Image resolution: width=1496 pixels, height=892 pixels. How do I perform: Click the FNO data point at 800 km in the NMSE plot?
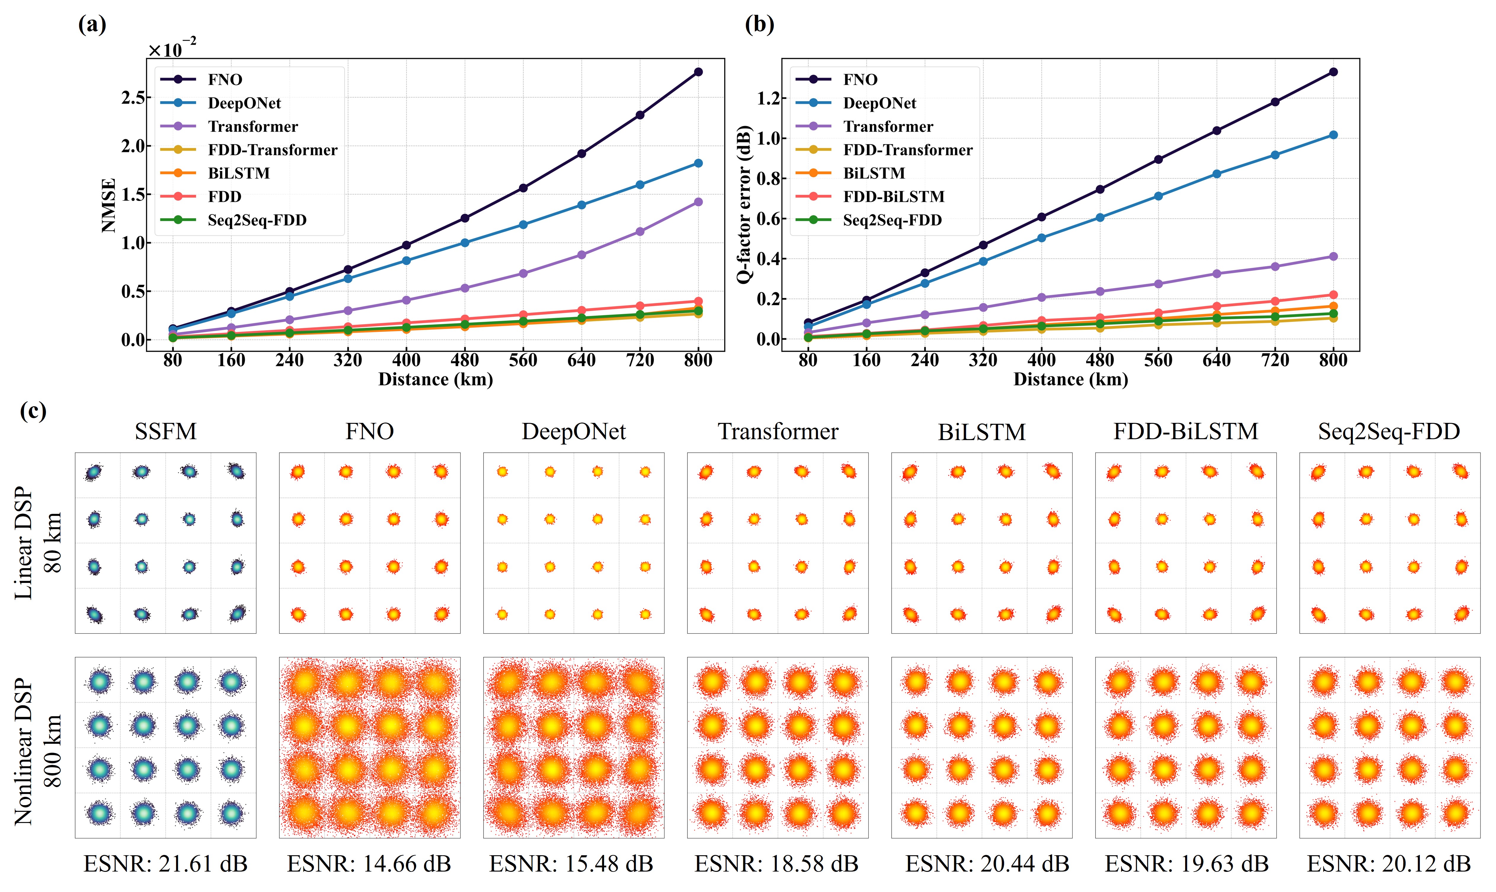tap(698, 72)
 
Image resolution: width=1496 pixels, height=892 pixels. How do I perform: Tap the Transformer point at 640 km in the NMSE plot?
tap(581, 255)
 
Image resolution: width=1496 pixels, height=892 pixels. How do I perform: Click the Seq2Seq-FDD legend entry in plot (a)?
tap(257, 220)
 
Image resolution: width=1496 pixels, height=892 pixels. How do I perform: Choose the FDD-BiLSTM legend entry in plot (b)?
tap(893, 196)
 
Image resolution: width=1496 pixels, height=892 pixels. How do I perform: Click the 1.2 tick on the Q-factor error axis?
tap(768, 98)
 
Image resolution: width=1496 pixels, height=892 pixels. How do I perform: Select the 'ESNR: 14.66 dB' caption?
tap(369, 864)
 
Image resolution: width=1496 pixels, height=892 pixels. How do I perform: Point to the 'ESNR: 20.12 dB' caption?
tap(1389, 864)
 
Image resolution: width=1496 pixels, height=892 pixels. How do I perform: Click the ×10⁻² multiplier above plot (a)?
tap(172, 48)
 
